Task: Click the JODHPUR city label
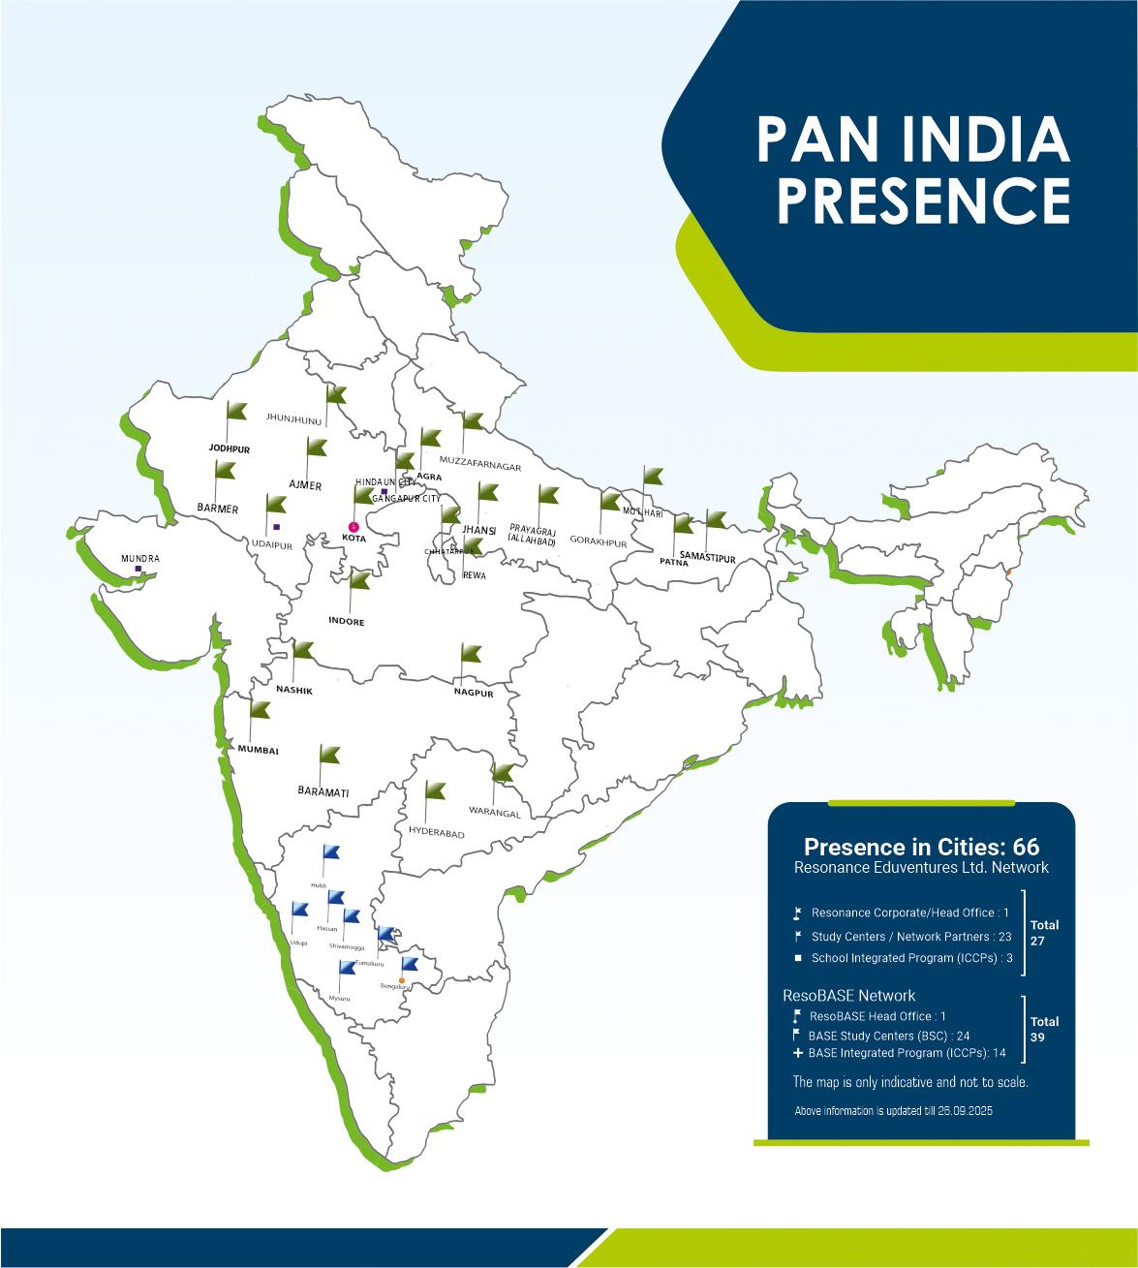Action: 230,449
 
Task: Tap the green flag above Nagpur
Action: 471,651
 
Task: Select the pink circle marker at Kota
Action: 353,526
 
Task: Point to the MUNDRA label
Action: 140,559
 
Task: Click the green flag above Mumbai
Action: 259,708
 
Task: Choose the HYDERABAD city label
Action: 436,834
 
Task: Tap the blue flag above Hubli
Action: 330,851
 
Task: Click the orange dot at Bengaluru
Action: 402,980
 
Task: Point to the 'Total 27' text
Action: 1045,932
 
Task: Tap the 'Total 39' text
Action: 1045,1029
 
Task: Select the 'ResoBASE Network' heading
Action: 848,995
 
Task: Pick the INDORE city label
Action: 346,622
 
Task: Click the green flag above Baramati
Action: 329,753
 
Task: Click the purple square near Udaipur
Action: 277,527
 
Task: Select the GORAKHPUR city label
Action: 599,542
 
